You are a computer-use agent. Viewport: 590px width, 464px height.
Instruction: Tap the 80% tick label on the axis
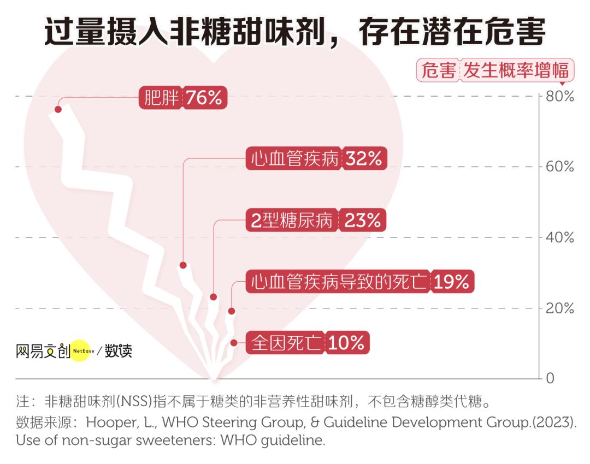pos(560,97)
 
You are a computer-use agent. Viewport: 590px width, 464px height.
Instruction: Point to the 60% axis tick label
pos(560,167)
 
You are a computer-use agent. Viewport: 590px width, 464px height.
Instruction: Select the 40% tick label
pos(560,237)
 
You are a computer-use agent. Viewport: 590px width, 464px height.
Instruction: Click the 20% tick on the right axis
pos(560,308)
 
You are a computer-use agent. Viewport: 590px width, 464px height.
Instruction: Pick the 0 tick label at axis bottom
pos(551,378)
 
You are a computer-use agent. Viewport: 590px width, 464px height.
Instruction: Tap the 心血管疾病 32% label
pos(316,158)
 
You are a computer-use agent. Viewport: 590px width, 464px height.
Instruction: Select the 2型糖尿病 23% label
pos(316,220)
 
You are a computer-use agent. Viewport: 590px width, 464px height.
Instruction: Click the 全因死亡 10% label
pos(308,343)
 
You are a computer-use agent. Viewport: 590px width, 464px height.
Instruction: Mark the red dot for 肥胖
pos(58,109)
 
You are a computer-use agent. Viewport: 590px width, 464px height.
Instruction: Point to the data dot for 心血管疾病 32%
pos(183,265)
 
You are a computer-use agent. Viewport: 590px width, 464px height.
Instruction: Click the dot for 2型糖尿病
pos(213,297)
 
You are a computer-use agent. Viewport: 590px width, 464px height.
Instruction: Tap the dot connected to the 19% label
pos(231,311)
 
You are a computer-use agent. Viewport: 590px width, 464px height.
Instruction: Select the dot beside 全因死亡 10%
pos(234,343)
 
